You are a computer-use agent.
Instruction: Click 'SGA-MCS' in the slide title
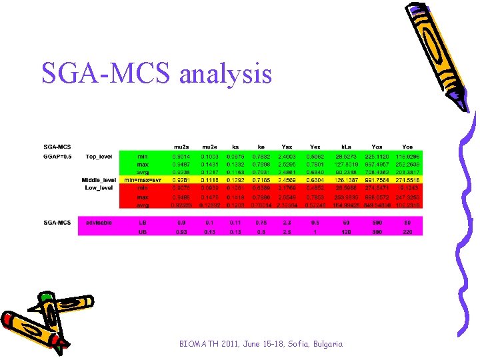point(106,73)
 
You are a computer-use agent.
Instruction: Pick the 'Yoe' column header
point(407,147)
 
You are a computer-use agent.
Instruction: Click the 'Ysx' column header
point(287,147)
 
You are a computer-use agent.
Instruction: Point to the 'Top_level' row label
point(99,157)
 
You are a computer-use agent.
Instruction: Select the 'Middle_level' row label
point(99,180)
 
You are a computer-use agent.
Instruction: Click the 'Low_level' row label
point(99,188)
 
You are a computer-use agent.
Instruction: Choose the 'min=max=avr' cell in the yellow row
point(142,180)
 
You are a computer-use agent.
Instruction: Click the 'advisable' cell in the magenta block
point(99,222)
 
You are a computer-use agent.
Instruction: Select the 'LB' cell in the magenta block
point(142,222)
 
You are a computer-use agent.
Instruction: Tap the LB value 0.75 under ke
point(261,222)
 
